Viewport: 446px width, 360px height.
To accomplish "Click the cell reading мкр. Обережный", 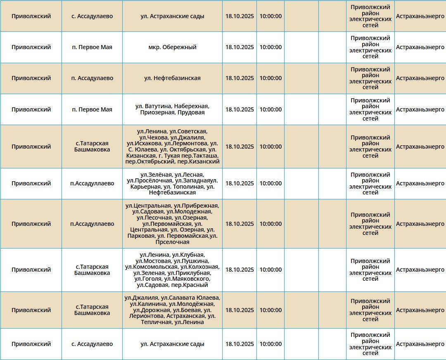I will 172,47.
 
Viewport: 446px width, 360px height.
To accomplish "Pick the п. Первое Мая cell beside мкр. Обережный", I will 92,47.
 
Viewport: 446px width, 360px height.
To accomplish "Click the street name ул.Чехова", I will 154,137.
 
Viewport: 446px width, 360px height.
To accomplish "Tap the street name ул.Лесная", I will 189,175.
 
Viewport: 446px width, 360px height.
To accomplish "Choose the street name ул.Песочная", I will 154,218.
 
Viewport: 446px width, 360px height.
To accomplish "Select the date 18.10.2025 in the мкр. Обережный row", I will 240,47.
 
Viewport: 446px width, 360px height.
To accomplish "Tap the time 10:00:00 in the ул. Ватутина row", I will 270,109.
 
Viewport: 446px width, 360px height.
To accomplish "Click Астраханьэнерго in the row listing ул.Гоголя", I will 420,270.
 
